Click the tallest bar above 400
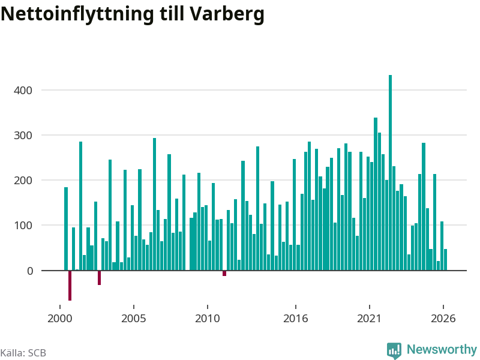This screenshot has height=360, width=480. point(391,173)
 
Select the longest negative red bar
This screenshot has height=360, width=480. point(70,286)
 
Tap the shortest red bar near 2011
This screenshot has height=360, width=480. point(224,274)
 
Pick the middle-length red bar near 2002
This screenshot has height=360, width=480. point(99,278)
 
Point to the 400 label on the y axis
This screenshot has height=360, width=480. point(23,91)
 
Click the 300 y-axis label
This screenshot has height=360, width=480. point(23,136)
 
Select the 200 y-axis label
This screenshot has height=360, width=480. point(23,181)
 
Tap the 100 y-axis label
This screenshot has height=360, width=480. point(23,226)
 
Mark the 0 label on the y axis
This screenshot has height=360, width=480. point(30,271)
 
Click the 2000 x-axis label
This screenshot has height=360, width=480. point(59,319)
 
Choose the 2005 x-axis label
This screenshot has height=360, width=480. point(134,319)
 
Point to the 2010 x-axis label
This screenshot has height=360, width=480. point(208,319)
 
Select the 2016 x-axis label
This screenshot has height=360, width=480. point(295,319)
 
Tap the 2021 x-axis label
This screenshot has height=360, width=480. point(370,319)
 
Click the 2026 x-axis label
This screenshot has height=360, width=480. point(443,319)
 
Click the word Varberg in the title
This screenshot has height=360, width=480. point(227,14)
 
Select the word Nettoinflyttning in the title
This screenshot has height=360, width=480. point(77,14)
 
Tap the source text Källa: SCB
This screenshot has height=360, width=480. point(23,353)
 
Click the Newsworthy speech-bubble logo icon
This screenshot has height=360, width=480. point(394,350)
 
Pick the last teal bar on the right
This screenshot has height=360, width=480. point(445,260)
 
